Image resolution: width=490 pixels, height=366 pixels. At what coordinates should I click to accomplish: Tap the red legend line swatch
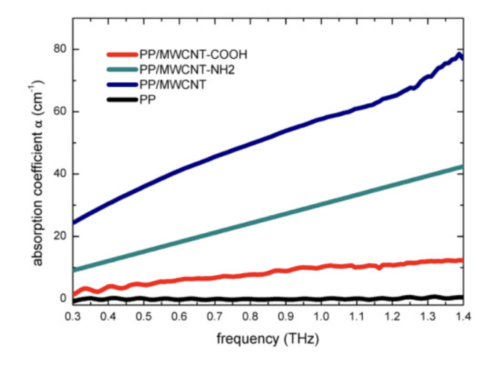tap(122, 54)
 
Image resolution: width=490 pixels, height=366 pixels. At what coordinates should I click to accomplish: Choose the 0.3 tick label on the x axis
tap(72, 317)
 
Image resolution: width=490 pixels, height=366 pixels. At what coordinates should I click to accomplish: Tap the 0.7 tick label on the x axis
tap(215, 317)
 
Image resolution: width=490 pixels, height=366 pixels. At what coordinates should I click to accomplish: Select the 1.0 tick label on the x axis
tap(321, 317)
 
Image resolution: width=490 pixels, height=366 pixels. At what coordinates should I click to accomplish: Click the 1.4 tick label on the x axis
tap(462, 317)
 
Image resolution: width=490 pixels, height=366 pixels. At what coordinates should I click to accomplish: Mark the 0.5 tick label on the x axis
tap(144, 317)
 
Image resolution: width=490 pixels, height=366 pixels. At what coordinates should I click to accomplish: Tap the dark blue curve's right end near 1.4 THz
tap(461, 56)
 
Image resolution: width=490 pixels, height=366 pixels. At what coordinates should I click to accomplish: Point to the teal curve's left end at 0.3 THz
tap(74, 270)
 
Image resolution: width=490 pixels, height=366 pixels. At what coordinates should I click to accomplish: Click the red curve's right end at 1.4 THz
tap(461, 260)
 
